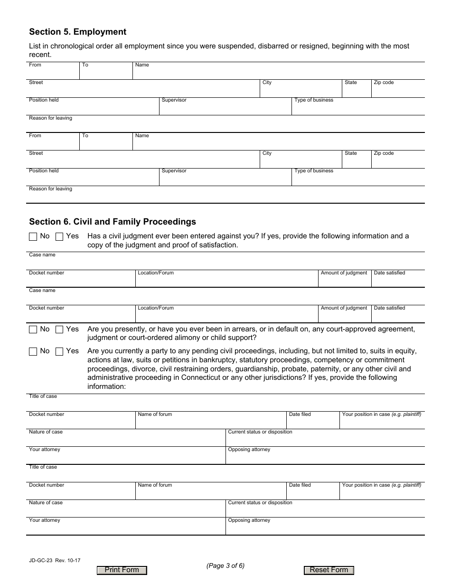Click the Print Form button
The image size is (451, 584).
click(122, 570)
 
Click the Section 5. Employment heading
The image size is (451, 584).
click(78, 32)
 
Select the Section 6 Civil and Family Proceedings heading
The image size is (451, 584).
click(113, 222)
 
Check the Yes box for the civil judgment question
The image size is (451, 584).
click(59, 236)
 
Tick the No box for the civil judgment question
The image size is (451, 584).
click(33, 236)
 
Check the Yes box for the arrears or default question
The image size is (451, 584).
click(59, 330)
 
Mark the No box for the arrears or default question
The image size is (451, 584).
click(33, 330)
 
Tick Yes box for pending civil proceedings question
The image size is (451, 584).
click(59, 352)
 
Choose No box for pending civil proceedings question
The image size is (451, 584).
click(33, 352)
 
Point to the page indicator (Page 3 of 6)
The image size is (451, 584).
click(225, 565)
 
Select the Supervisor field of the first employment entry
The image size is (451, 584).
click(225, 109)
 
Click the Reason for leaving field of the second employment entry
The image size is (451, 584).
click(225, 197)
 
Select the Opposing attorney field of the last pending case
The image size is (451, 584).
click(325, 528)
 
